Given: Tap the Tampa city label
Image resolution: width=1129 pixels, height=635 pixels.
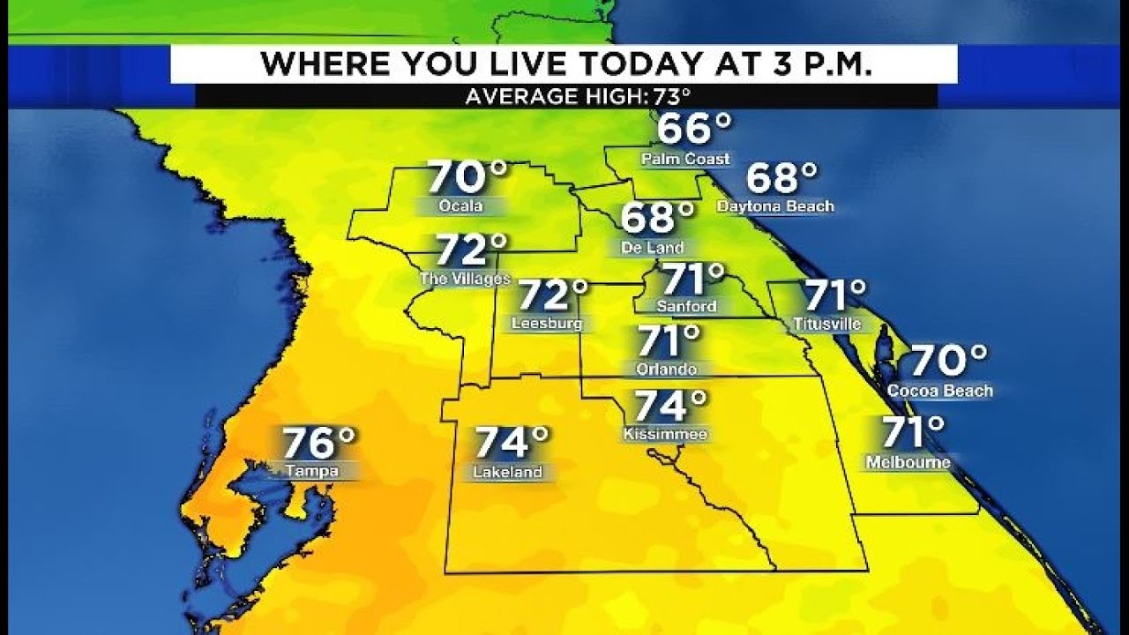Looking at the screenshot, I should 312,472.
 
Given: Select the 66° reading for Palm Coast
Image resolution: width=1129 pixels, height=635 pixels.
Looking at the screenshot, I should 694,130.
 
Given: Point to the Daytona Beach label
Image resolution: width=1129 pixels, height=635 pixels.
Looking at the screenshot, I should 775,206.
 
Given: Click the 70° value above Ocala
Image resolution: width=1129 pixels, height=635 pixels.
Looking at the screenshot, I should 467,177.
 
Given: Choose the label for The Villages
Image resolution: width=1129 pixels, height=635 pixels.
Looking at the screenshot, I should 465,279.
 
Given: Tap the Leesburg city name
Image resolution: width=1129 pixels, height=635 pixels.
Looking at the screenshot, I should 547,324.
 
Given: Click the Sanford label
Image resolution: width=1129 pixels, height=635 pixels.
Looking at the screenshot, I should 686,306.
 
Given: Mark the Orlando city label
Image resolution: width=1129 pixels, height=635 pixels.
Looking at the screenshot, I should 666,370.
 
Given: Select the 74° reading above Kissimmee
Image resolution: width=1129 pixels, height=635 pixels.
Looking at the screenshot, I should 671,407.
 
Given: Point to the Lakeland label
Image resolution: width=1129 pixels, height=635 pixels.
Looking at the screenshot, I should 507,473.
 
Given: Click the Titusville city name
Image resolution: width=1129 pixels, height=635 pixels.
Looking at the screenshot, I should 826,324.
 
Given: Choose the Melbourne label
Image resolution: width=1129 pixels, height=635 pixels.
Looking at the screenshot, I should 908,462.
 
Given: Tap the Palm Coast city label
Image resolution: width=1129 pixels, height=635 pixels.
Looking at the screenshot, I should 685,160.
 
